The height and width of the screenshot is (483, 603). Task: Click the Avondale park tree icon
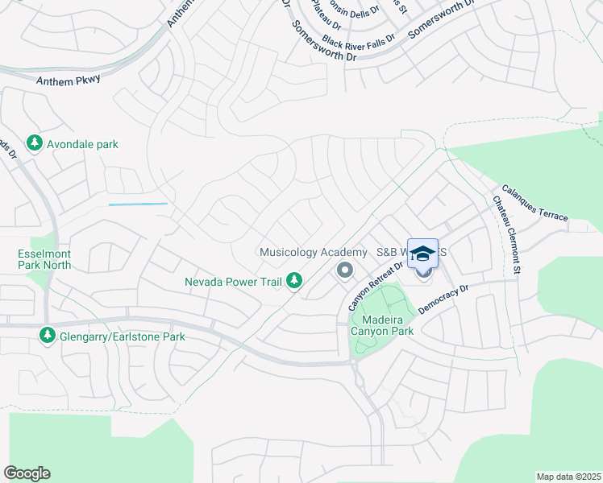click(x=34, y=143)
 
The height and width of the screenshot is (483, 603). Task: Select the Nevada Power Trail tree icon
click(x=296, y=280)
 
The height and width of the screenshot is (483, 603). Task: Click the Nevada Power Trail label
click(x=232, y=282)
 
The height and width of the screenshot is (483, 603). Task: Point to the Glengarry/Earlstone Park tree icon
click(x=48, y=335)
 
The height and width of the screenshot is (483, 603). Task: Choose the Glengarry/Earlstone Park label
click(x=123, y=336)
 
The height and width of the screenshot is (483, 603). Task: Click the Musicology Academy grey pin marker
click(x=345, y=270)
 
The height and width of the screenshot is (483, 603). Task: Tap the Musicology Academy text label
click(x=313, y=252)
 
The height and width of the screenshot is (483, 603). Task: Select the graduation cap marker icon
click(x=422, y=254)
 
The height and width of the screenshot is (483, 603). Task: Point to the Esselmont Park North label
click(x=44, y=258)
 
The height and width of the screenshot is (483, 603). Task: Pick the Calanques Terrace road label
click(x=534, y=204)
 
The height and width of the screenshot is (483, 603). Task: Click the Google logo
click(x=27, y=473)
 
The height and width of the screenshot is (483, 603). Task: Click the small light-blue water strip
click(x=138, y=204)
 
